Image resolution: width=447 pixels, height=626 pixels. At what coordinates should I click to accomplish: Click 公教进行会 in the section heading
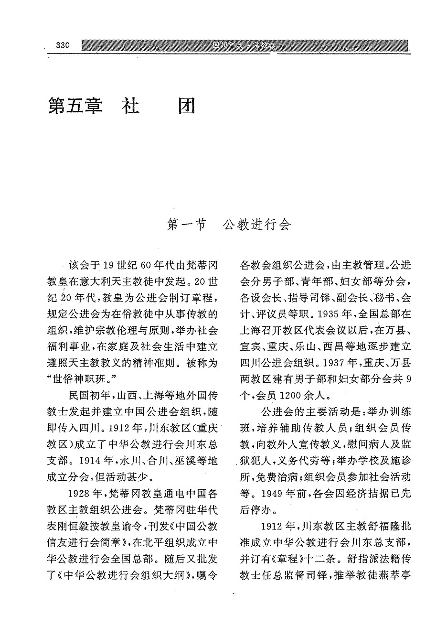click(x=256, y=225)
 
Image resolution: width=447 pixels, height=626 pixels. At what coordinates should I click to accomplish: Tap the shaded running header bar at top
click(x=245, y=45)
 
